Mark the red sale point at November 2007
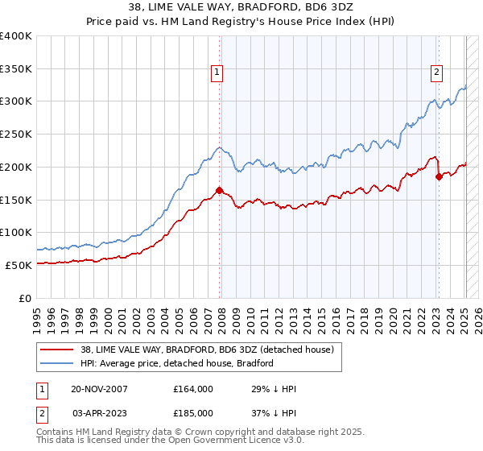coord(220,191)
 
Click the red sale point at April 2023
coord(439,176)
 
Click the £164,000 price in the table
coord(193,389)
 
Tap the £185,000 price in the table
coord(193,412)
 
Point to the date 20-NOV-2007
coord(99,389)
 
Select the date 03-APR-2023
coord(99,412)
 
